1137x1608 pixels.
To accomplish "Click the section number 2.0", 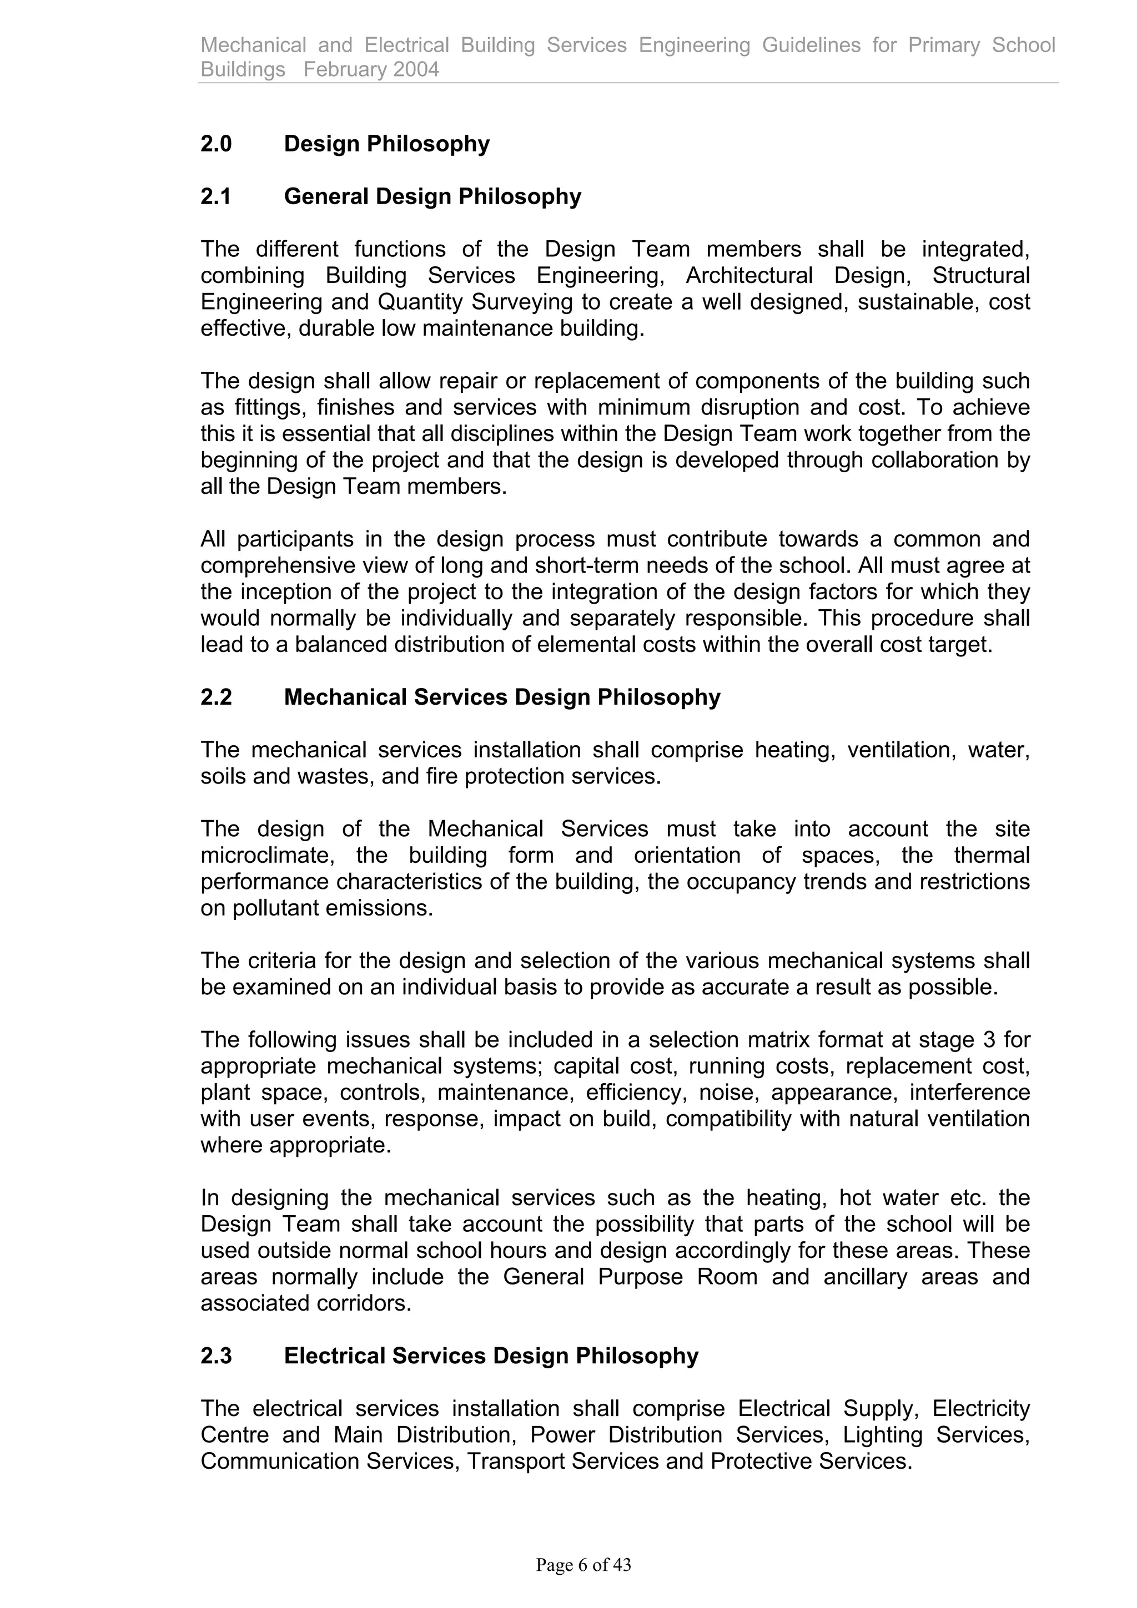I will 216,144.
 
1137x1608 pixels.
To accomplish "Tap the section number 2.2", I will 216,697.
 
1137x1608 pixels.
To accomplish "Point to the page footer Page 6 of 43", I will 583,1564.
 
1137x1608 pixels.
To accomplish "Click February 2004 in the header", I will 371,69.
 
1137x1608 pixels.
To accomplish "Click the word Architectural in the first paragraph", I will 749,275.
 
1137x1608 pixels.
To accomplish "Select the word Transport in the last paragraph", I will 516,1461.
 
